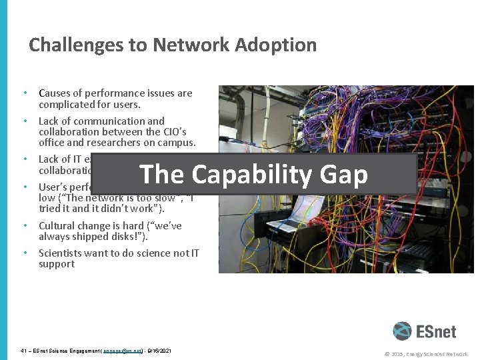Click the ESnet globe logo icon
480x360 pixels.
point(402,331)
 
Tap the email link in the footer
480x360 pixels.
point(123,351)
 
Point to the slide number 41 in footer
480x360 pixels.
point(25,351)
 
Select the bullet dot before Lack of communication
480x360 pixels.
point(25,121)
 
